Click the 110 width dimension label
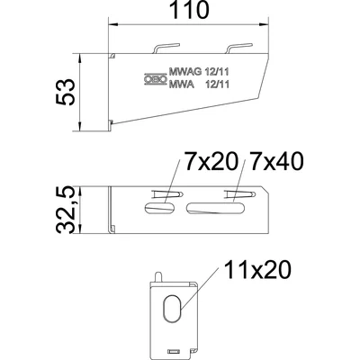(x=188, y=10)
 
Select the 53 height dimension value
(x=65, y=92)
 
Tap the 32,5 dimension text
(x=65, y=210)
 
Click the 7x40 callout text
(x=276, y=161)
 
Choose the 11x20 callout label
(x=257, y=269)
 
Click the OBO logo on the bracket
(x=155, y=79)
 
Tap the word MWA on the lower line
(x=182, y=85)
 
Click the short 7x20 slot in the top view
(x=160, y=208)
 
